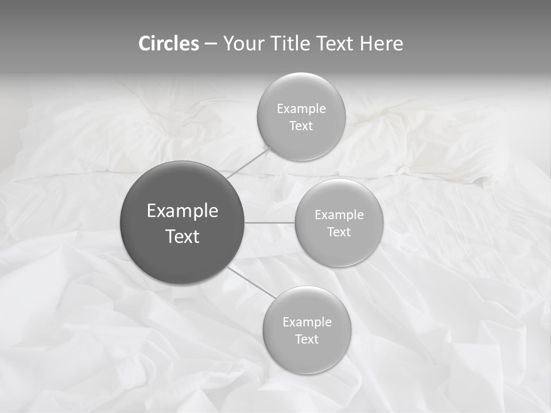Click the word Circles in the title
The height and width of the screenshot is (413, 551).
click(169, 44)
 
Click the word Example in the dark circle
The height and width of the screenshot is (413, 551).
click(183, 211)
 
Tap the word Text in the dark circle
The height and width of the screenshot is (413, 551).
click(183, 236)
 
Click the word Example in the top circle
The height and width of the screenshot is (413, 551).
click(301, 109)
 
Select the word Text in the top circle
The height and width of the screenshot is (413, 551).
click(301, 126)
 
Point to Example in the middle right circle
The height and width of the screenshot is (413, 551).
click(339, 215)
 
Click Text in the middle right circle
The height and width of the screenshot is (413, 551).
click(339, 232)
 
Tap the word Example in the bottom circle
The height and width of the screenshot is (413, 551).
click(307, 322)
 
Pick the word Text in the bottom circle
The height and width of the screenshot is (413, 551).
click(306, 340)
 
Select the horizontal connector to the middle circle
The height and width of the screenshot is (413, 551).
click(269, 223)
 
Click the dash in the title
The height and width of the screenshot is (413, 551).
click(211, 44)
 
